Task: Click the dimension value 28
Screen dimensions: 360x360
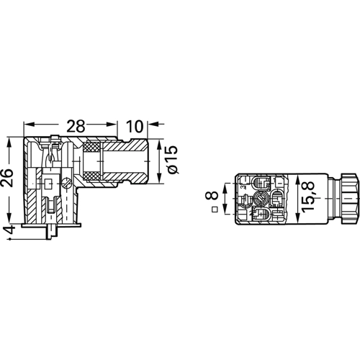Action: (76, 127)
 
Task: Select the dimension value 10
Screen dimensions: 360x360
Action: (135, 127)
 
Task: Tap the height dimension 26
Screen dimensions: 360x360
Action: (6, 178)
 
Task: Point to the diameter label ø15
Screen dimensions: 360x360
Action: (173, 160)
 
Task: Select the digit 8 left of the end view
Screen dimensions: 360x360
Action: (212, 196)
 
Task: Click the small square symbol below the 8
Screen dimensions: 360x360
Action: (215, 210)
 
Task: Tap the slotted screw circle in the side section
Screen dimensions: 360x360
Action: (66, 183)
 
